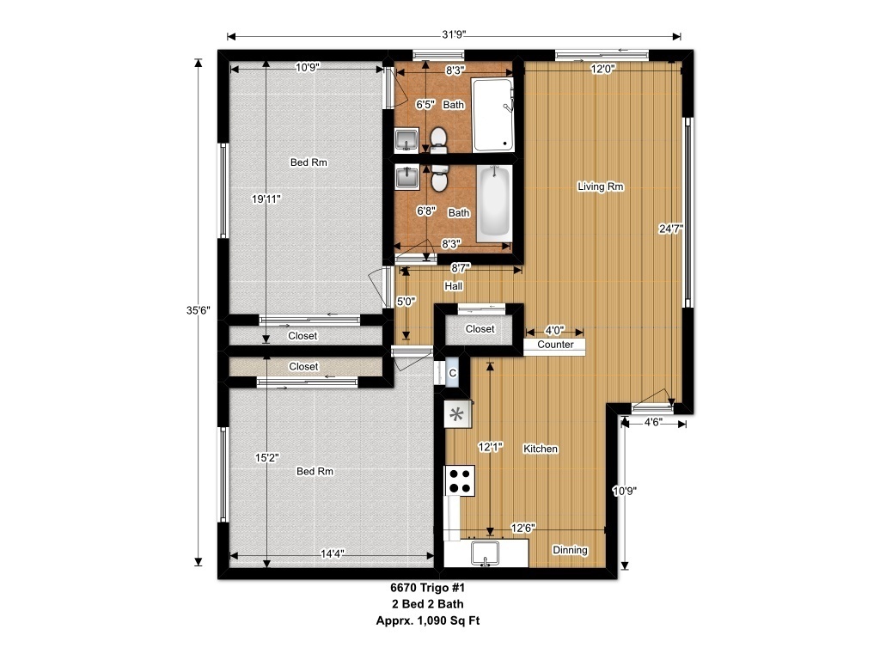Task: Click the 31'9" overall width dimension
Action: [454, 34]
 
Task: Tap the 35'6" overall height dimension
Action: [199, 309]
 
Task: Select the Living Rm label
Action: [601, 186]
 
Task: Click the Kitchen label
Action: [541, 449]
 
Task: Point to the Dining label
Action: [571, 550]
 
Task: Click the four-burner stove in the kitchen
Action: [460, 481]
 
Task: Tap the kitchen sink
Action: [486, 554]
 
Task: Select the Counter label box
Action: [554, 345]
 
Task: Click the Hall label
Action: [454, 286]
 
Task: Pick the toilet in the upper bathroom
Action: [438, 140]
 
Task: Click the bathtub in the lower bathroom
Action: [494, 205]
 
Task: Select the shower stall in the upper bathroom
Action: [492, 115]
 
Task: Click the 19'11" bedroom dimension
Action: [266, 199]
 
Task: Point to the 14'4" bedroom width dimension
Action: [333, 554]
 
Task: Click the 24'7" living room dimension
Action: [671, 229]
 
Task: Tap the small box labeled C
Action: [452, 373]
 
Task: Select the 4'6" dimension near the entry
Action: [653, 422]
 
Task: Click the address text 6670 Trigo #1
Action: [428, 588]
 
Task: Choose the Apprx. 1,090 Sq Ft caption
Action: [428, 620]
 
